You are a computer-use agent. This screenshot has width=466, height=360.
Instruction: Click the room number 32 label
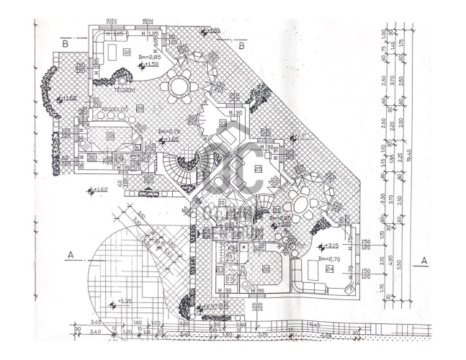127,52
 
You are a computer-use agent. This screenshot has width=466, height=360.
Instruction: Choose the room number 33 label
222,124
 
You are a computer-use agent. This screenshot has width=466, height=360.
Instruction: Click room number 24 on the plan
329,269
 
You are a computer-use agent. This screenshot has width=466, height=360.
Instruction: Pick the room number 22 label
266,269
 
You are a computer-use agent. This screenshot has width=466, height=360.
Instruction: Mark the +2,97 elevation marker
208,307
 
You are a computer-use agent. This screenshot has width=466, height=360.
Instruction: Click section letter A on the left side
71,254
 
